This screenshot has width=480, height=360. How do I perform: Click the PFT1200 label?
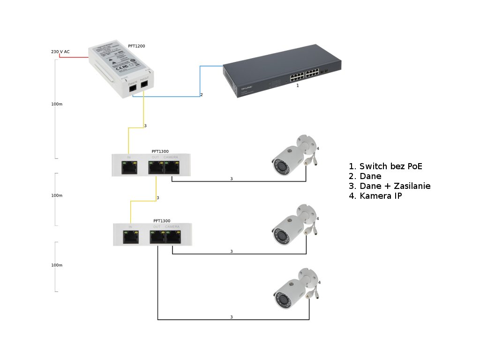[136, 46]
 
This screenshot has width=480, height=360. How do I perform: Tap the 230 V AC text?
[60, 52]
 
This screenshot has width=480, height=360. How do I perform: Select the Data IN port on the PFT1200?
[133, 87]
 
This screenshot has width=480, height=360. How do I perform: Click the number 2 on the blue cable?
[202, 95]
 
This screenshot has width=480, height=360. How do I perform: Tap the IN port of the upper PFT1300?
[128, 167]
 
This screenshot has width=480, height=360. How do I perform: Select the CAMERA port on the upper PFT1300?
[172, 167]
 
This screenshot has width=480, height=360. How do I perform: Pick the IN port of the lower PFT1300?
[130, 236]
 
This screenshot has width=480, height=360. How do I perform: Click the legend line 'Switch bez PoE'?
[389, 166]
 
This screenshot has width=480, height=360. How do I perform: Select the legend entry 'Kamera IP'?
[375, 196]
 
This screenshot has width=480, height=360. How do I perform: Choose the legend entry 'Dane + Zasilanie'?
[390, 186]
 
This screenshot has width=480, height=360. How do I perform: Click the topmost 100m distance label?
[57, 104]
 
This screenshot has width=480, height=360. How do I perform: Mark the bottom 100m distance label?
[57, 265]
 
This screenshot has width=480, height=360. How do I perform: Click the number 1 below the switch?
[297, 86]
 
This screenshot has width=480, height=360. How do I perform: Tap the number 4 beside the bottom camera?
[319, 283]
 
